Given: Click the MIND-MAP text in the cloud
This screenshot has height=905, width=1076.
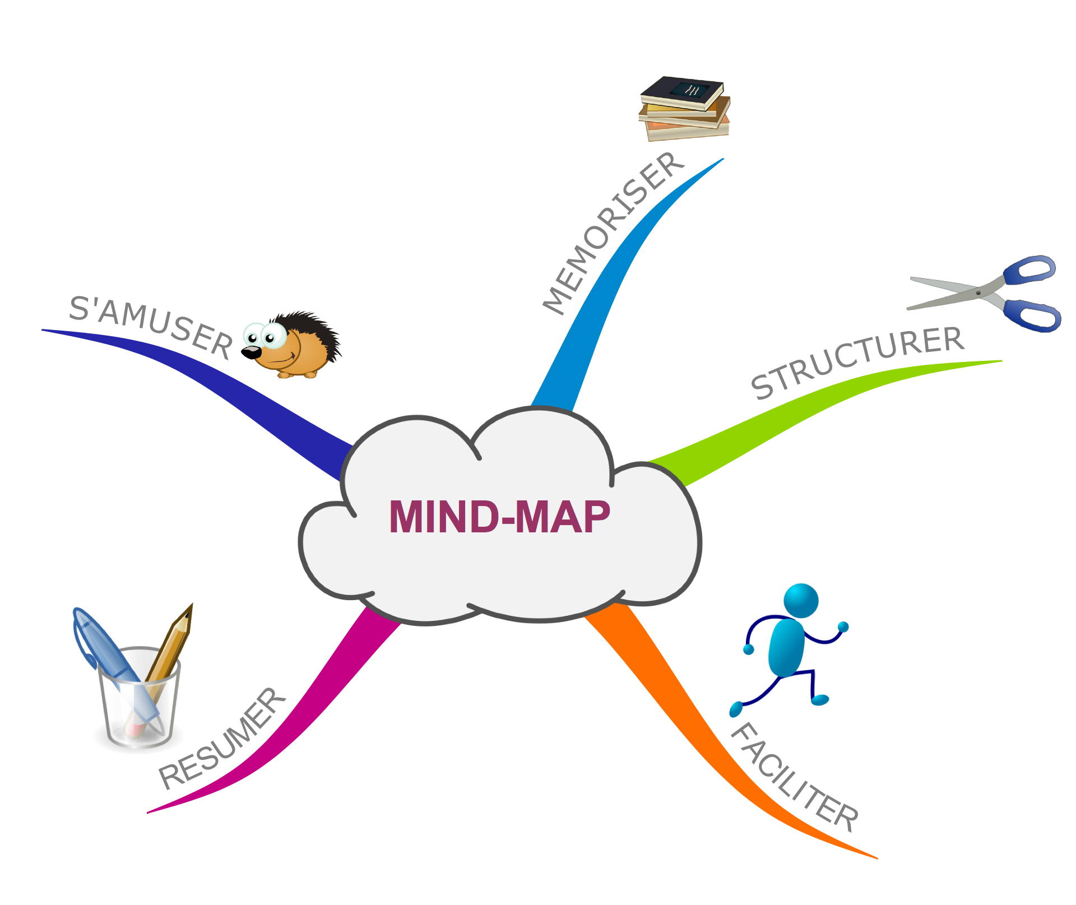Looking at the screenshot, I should coord(499,517).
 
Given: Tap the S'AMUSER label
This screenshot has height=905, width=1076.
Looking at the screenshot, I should coord(150,326).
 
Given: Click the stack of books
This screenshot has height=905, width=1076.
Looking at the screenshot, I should coord(684,109).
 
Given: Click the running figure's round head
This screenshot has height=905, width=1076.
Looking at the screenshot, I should coord(801,600).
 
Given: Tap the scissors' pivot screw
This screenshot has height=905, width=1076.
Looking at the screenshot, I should coord(978,292).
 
